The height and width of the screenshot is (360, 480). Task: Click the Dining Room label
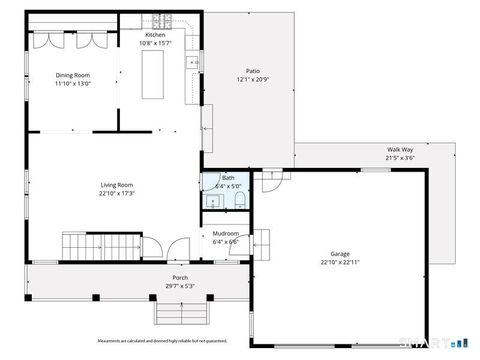(72, 75)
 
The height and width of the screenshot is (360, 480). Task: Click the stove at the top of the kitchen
(163, 20)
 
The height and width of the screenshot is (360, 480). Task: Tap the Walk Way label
(400, 150)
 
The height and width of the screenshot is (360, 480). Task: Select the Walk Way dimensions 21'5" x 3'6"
(400, 158)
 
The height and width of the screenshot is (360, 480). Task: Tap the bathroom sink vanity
(212, 201)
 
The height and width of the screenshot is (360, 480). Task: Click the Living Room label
(117, 185)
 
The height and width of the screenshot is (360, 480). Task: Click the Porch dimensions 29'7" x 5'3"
(180, 286)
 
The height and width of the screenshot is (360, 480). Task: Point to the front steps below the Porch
(180, 314)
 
